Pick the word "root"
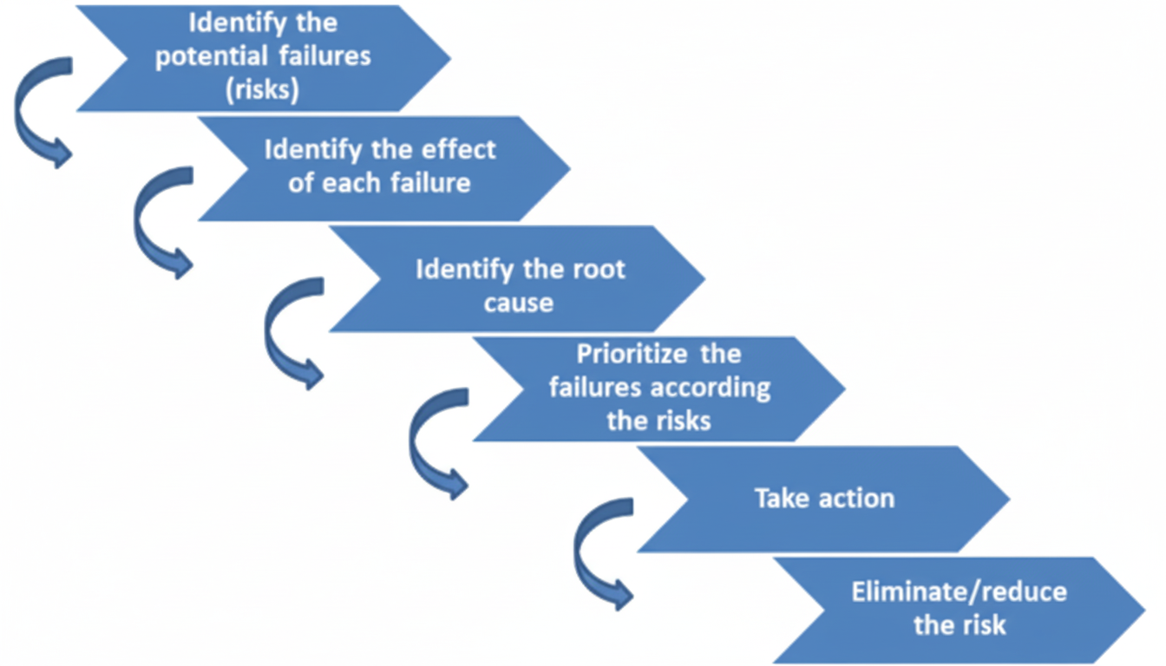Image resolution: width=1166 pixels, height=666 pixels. point(597,269)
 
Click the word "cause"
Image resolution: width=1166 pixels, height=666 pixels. point(519,303)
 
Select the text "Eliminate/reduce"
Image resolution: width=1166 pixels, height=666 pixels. point(959,592)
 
